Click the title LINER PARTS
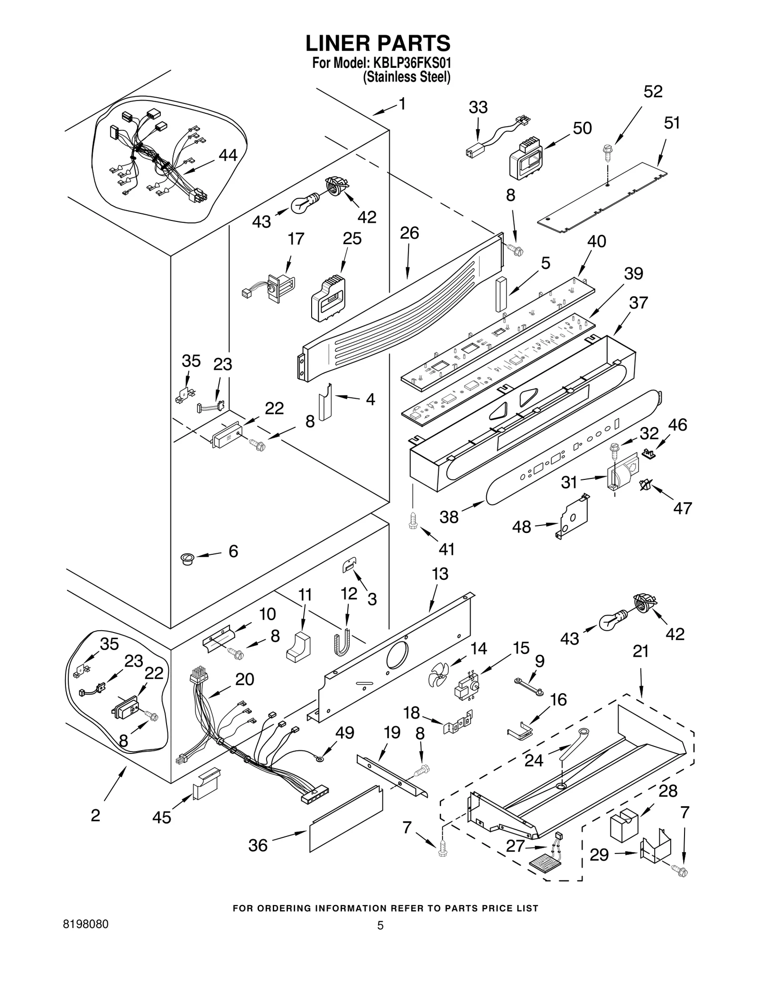(x=378, y=44)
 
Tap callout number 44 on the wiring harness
(x=228, y=155)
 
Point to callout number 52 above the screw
(x=653, y=92)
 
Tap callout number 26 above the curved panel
(x=409, y=233)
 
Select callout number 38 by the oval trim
(x=449, y=516)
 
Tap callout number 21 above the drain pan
(x=640, y=652)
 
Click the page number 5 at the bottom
(x=380, y=926)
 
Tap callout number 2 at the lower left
(x=95, y=816)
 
